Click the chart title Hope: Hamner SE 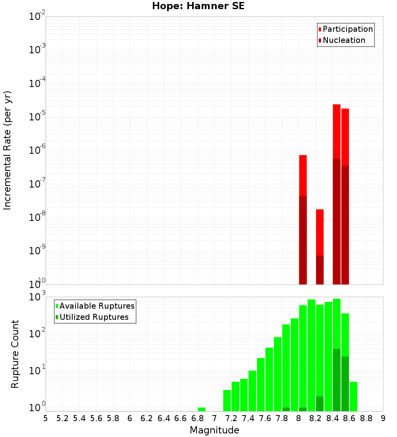[198, 6]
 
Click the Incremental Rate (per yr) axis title [8, 150]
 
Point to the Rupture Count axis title [15, 354]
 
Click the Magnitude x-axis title [214, 430]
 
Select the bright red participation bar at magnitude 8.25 [320, 232]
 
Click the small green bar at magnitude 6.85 [202, 409]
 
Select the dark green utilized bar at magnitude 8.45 [337, 379]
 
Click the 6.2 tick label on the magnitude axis [147, 418]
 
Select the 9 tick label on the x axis [383, 418]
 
